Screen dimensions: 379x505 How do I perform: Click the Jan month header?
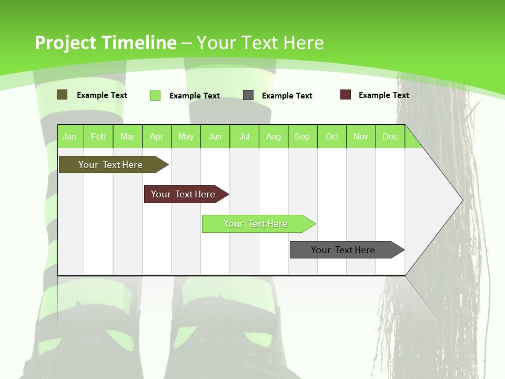pyautogui.click(x=69, y=136)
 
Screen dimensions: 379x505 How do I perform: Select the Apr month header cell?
pyautogui.click(x=157, y=136)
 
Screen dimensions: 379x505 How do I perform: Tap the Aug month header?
pyautogui.click(x=274, y=136)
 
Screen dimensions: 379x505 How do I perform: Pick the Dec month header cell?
pyautogui.click(x=390, y=136)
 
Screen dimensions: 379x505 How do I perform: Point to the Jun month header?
pyautogui.click(x=215, y=136)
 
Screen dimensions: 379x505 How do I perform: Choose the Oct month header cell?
pyautogui.click(x=332, y=136)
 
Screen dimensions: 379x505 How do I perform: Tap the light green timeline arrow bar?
pyautogui.click(x=256, y=224)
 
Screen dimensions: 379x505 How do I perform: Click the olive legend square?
pyautogui.click(x=63, y=95)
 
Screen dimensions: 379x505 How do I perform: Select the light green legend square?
pyautogui.click(x=155, y=95)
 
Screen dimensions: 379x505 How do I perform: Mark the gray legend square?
pyautogui.click(x=248, y=95)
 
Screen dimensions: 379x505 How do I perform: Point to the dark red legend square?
pyautogui.click(x=346, y=95)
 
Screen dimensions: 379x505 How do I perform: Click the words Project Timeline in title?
pyautogui.click(x=105, y=43)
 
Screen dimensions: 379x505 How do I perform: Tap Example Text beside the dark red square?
pyautogui.click(x=383, y=95)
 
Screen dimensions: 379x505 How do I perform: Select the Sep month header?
pyautogui.click(x=302, y=136)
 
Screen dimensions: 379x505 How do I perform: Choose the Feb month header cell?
pyautogui.click(x=98, y=136)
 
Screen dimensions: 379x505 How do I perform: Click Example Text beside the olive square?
pyautogui.click(x=102, y=95)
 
